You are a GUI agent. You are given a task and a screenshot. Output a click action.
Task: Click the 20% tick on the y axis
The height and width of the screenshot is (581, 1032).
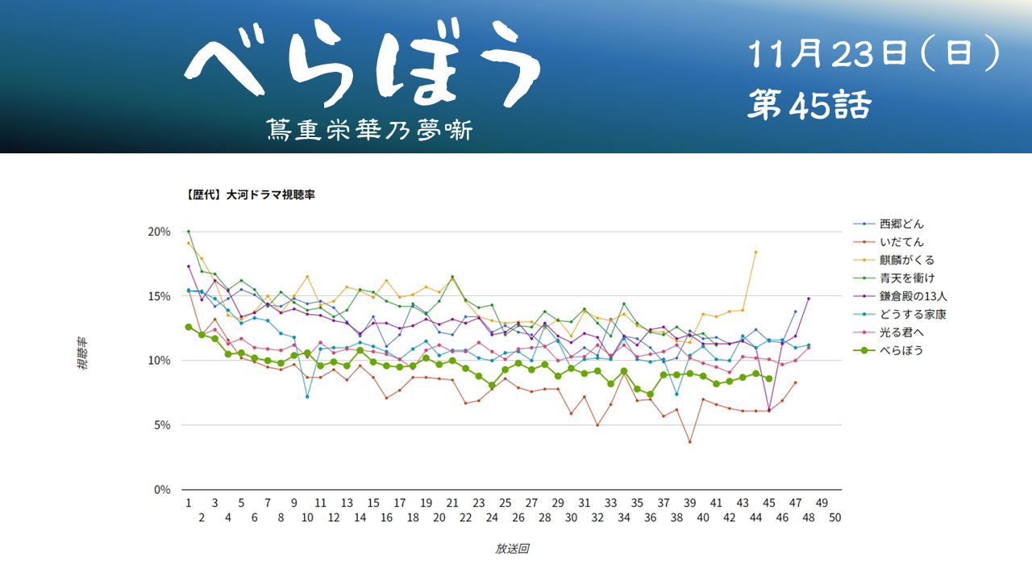159,232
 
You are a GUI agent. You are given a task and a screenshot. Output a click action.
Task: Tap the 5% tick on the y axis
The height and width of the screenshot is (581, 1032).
161,425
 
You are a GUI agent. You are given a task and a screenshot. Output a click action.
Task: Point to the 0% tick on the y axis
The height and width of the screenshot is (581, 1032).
161,490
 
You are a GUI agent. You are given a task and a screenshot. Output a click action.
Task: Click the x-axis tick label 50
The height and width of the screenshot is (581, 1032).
834,517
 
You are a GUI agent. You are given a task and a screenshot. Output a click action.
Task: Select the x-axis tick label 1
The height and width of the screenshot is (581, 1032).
188,503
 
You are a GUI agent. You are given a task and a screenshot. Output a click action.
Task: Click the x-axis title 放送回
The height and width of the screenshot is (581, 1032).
512,549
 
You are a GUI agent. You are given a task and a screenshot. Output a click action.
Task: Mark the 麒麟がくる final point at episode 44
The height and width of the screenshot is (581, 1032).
755,252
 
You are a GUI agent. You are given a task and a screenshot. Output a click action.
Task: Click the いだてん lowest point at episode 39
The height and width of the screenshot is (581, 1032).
689,441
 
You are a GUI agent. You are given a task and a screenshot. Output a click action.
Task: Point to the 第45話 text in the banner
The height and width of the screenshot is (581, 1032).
809,105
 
